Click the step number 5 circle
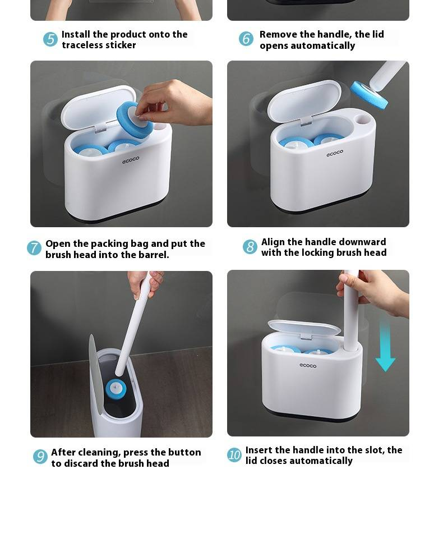point(50,39)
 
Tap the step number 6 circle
point(246,38)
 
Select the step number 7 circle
point(34,248)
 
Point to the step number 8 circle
point(250,247)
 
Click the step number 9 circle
point(40,456)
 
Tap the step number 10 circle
point(234,455)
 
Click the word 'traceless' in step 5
point(81,45)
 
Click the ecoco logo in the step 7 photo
point(131,160)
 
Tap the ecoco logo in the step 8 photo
point(335,153)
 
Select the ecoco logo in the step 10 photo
point(308,365)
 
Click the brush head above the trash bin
point(116,388)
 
